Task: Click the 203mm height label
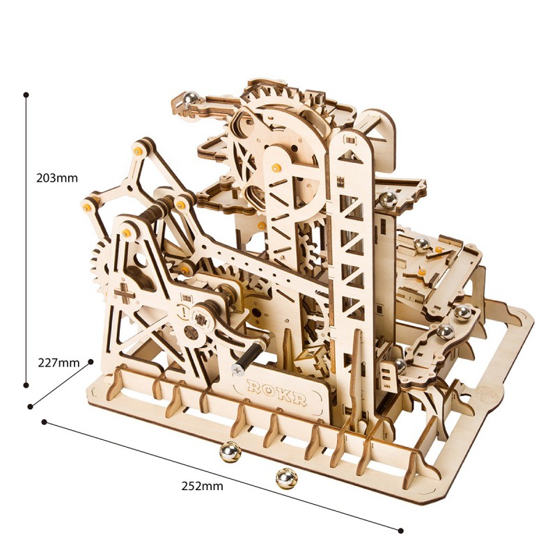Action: coord(57,178)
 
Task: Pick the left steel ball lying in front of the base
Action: coord(230,453)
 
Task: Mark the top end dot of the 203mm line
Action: coord(26,94)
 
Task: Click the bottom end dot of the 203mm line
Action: coord(26,384)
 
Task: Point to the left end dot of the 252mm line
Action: coord(45,421)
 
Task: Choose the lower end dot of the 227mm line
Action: coord(30,407)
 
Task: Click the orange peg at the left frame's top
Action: coord(138,150)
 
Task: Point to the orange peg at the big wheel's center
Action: coord(277,168)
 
